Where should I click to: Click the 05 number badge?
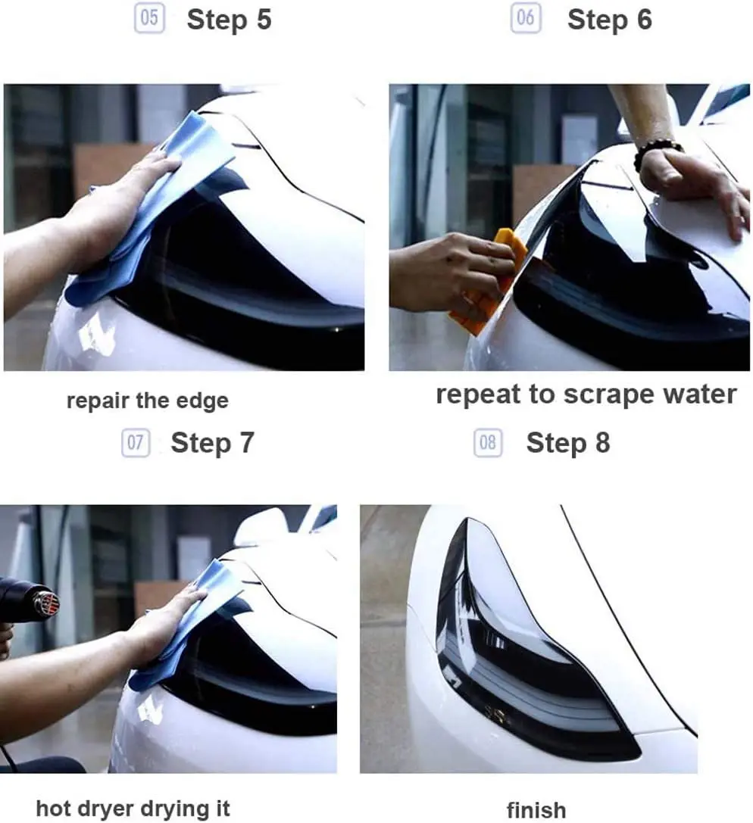149,18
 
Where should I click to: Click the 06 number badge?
526,18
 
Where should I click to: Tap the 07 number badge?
136,442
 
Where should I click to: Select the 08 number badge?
488,442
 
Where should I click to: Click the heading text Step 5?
229,20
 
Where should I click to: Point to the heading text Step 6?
610,20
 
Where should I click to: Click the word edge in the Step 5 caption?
202,401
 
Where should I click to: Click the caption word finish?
536,810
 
